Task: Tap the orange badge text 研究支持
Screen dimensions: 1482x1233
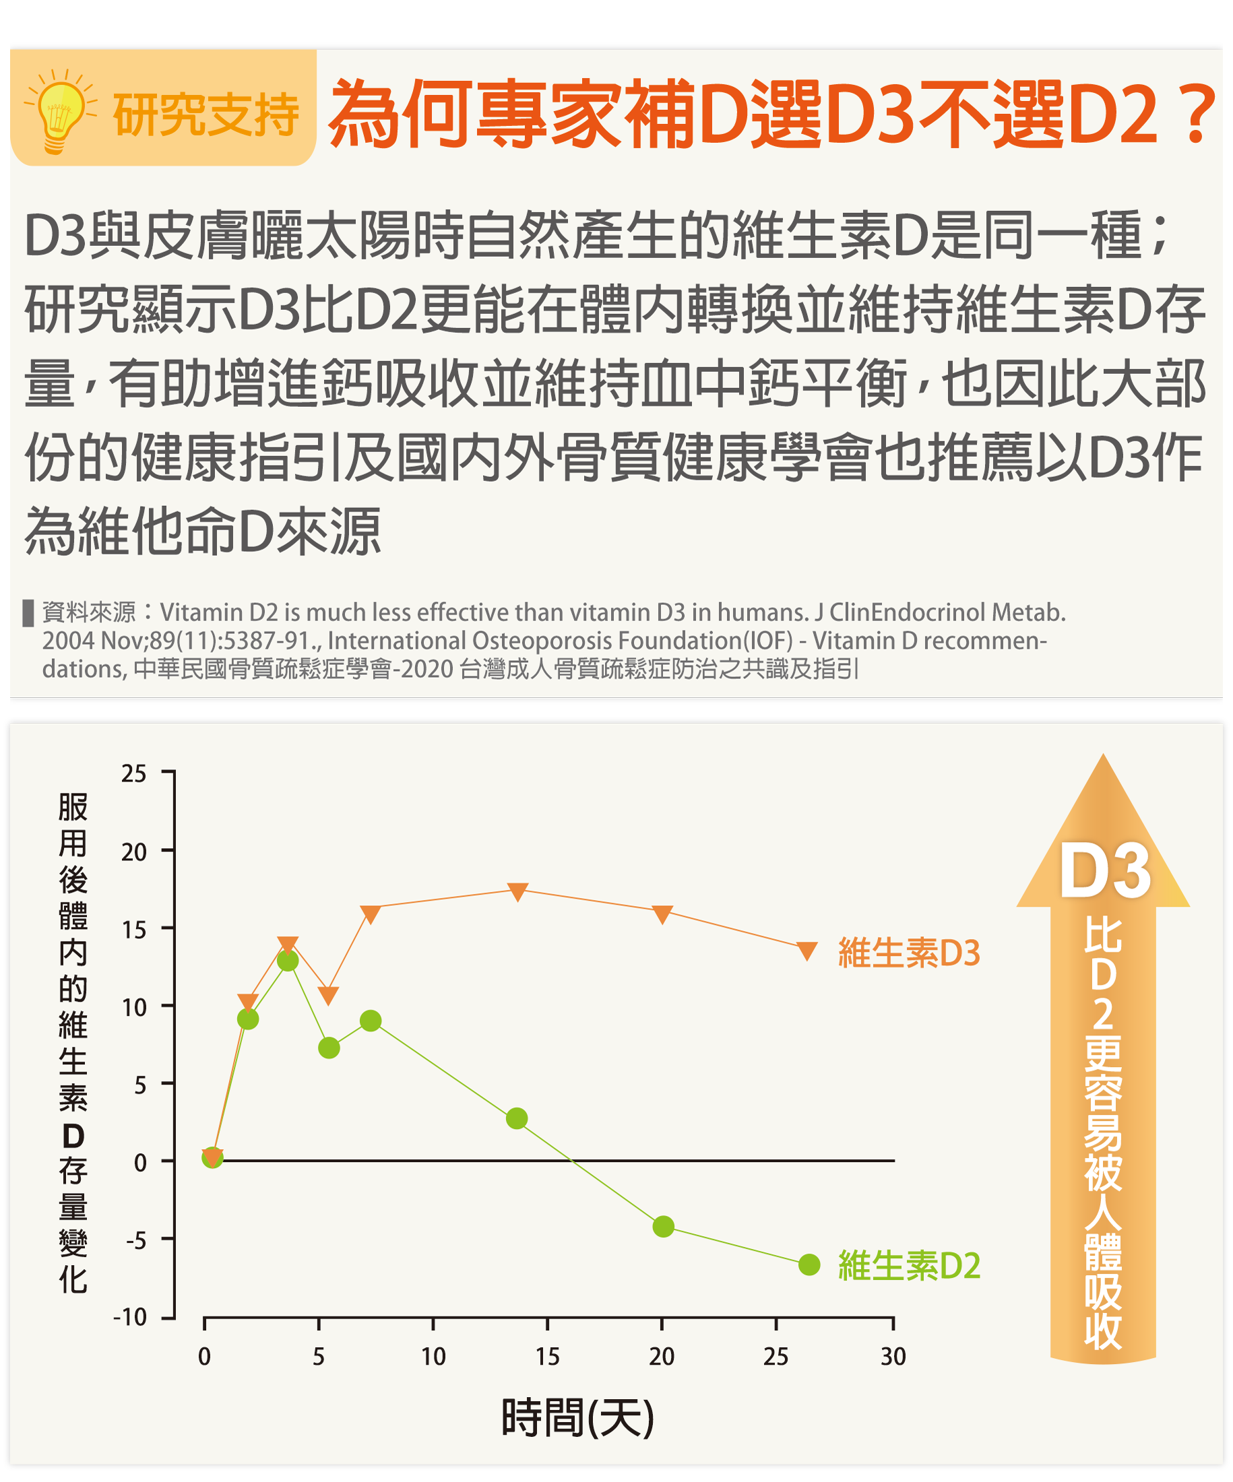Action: coord(206,115)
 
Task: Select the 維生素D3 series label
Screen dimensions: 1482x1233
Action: coord(909,953)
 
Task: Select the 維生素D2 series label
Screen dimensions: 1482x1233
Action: coord(909,1265)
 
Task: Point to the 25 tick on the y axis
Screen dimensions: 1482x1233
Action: coord(133,773)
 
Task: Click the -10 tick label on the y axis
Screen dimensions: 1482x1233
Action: coord(130,1317)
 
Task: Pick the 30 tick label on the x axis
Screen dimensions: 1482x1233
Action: coord(893,1357)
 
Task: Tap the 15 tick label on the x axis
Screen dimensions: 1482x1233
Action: coord(547,1357)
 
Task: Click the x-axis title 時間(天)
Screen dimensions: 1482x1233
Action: coord(577,1417)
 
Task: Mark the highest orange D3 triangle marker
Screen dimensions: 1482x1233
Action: coord(517,891)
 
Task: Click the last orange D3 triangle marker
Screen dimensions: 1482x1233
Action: coord(807,951)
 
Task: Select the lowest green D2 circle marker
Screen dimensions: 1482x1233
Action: coord(809,1264)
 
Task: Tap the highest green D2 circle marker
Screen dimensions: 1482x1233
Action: coord(287,961)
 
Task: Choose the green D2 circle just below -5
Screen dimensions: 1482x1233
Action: coord(663,1227)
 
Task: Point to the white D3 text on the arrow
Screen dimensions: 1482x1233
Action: coord(1104,872)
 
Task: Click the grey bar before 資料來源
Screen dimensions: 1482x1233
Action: coord(28,612)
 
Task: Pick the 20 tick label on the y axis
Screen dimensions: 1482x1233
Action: coord(133,851)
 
